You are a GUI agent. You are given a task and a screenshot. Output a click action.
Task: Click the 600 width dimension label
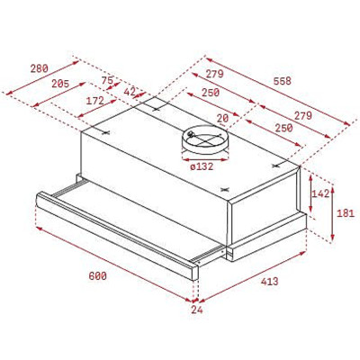97,275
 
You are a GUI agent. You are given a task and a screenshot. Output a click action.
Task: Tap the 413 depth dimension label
268,282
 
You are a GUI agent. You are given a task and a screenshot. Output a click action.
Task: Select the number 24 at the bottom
197,310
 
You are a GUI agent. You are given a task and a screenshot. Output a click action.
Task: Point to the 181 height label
346,213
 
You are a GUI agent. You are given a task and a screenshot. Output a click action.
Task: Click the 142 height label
319,193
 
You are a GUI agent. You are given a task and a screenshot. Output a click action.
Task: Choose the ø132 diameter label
202,166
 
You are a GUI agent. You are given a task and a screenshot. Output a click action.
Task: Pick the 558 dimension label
282,81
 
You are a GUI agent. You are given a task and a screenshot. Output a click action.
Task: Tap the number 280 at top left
38,68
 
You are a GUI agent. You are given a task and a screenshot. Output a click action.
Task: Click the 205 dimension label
60,84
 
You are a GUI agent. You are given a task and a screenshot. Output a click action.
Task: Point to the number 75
107,80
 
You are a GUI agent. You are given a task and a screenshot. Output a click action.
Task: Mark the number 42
130,92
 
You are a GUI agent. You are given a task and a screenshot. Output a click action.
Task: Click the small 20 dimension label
222,117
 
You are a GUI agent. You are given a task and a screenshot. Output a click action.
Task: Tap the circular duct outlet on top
203,139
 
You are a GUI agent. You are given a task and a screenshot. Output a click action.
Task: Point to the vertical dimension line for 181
332,212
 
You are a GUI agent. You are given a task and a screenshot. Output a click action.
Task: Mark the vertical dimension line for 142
307,193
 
